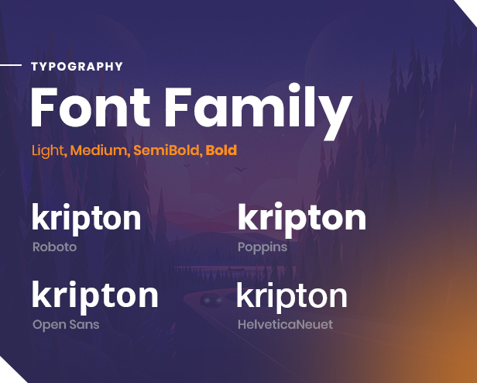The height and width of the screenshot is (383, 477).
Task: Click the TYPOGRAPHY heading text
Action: tap(77, 67)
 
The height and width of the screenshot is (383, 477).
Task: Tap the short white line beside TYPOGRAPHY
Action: tap(11, 65)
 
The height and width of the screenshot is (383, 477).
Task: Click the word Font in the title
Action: tap(91, 107)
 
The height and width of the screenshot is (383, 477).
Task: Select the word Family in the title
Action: tap(259, 111)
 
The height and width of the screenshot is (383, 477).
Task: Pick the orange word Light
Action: tap(47, 151)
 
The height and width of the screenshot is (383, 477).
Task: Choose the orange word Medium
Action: tap(98, 150)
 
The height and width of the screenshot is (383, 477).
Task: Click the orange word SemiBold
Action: tap(166, 150)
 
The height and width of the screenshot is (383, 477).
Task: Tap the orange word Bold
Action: tap(221, 150)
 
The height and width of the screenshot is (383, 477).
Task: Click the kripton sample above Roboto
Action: tap(87, 219)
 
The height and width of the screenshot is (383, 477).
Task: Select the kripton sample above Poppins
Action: tap(302, 219)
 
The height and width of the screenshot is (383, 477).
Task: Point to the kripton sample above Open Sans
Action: tap(95, 296)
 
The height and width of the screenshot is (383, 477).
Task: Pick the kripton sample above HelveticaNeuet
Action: tap(292, 297)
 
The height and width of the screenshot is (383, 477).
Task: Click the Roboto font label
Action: tap(54, 247)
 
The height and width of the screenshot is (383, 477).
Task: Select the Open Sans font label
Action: tap(66, 325)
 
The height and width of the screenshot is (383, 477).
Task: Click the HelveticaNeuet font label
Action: tap(285, 325)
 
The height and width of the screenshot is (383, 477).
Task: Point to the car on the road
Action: tap(211, 299)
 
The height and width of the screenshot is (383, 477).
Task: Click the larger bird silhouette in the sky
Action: tap(240, 169)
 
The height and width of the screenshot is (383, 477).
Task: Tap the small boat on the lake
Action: tap(235, 268)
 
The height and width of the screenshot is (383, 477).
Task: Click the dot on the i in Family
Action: tap(294, 88)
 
